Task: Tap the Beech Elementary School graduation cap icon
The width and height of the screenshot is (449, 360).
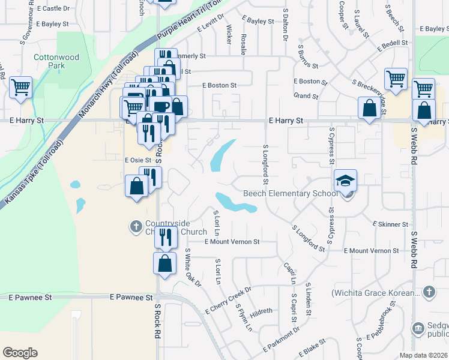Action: point(346,180)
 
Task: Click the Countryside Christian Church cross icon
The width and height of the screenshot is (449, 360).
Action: point(136,226)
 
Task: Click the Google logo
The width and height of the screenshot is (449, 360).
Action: point(20,353)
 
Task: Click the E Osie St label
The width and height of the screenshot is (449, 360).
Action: point(137,160)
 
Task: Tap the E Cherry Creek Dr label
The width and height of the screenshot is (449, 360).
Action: point(228,301)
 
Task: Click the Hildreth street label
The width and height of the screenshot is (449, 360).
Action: point(261,311)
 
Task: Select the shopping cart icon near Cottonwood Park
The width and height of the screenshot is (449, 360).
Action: point(20,88)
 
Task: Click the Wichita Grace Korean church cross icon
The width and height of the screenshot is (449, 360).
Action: point(428,292)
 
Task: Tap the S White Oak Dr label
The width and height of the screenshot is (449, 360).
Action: point(193,266)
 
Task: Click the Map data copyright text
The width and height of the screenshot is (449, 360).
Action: point(423,355)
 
